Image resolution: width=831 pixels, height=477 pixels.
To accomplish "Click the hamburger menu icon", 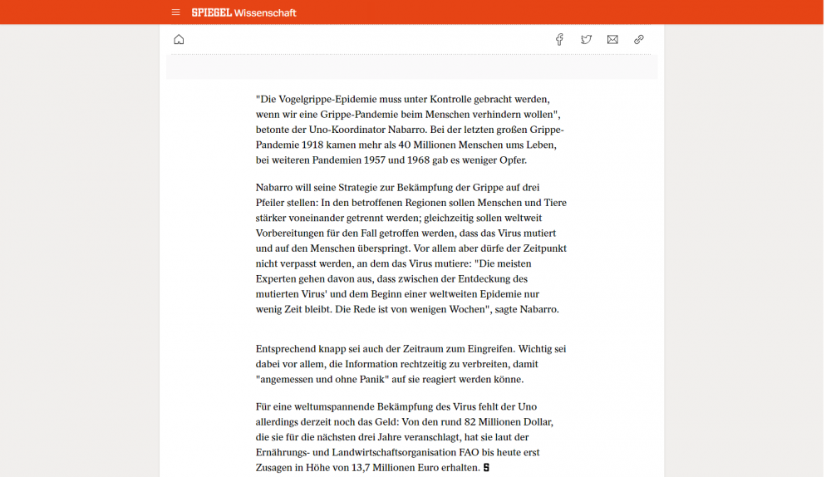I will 175,12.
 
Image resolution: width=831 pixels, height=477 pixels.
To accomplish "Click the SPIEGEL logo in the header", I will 211,12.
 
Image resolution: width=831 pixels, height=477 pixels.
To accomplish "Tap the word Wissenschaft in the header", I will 265,12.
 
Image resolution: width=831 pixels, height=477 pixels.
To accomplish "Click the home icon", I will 179,39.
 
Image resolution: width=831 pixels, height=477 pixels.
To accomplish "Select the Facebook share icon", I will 559,39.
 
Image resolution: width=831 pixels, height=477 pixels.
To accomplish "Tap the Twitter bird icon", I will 586,39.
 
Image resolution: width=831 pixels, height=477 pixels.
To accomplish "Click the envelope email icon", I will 612,39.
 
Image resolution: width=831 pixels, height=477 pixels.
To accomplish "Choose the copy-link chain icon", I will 639,39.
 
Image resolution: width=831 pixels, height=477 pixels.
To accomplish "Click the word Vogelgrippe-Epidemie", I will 323,98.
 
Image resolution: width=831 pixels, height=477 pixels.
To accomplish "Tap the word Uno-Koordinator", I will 342,129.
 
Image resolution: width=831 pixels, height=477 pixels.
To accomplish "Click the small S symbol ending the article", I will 486,468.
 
